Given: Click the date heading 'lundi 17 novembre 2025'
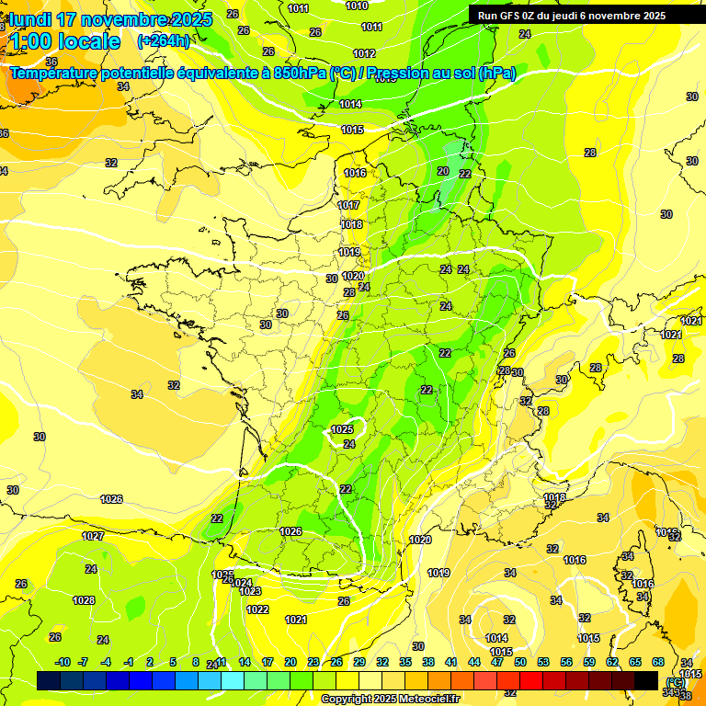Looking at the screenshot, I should (110, 19).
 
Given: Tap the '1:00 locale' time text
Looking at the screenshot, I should (64, 41).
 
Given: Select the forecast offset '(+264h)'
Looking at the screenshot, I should (164, 41).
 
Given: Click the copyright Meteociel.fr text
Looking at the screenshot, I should (390, 699).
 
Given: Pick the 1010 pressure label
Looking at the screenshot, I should (357, 6).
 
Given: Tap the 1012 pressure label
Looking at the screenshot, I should (364, 53).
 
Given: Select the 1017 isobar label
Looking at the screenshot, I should (349, 206).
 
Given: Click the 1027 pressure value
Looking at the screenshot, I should (93, 536).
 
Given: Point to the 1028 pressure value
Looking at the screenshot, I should (84, 600).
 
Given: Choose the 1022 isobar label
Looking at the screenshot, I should (257, 609).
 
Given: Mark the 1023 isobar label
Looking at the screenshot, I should (251, 591).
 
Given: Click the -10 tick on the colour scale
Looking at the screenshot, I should (62, 662).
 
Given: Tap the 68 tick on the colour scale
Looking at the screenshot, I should (658, 662).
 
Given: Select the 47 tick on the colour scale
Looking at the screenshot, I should (497, 662).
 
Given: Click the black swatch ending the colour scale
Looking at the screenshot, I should (647, 680).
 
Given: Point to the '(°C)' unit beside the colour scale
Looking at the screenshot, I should (677, 681).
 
